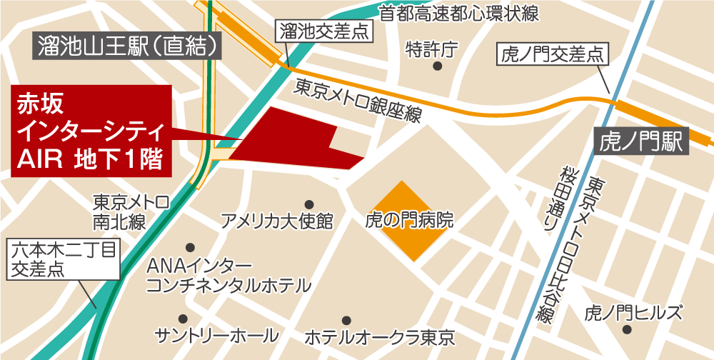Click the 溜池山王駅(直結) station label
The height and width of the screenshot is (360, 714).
[128, 47]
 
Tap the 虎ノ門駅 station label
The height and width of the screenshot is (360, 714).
[640, 140]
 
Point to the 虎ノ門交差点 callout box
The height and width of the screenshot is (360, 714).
[550, 54]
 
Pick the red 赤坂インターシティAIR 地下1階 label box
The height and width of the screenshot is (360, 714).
[91, 130]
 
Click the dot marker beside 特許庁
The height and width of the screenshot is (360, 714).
[437, 66]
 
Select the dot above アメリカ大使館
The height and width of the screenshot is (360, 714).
[308, 204]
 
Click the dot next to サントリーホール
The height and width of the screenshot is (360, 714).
[183, 319]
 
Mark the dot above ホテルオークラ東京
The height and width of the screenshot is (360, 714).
[346, 319]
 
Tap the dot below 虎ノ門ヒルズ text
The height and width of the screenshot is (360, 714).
[626, 329]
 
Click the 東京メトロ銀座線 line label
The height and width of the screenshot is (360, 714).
[358, 101]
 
